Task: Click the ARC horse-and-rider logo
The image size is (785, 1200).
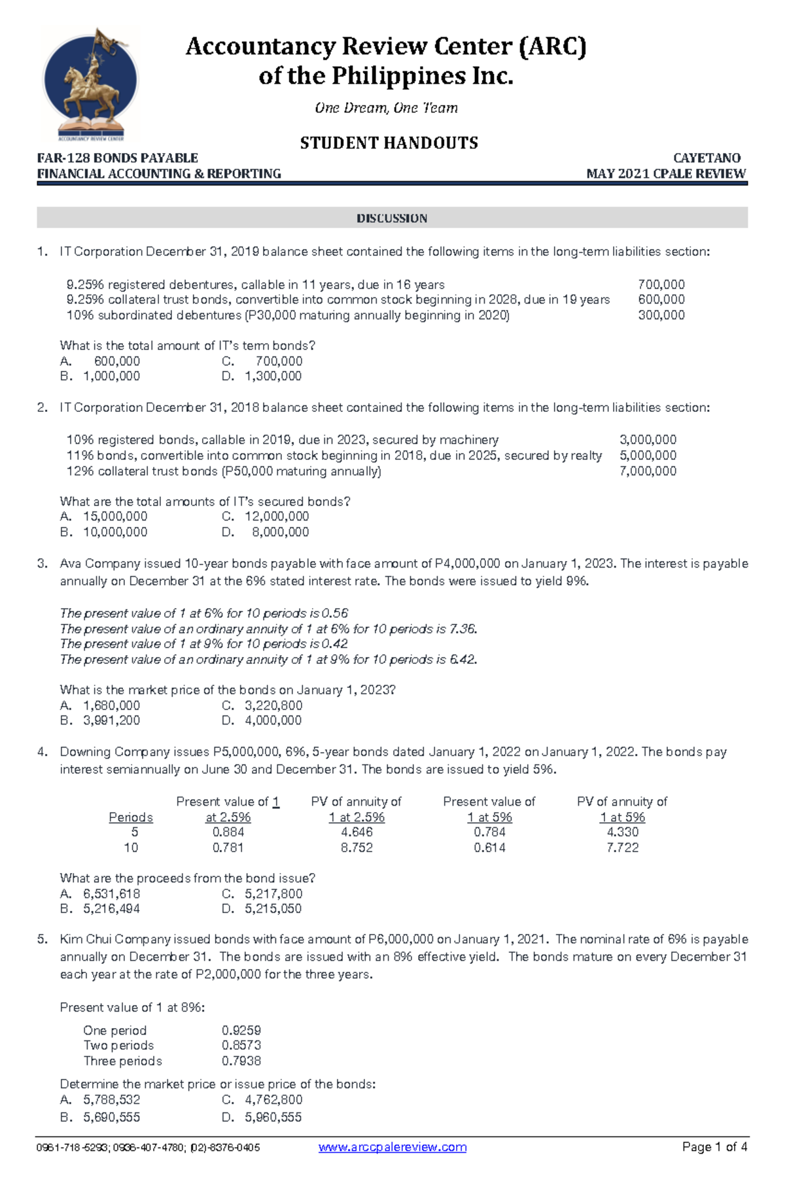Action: [90, 84]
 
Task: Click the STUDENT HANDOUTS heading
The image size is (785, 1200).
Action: [389, 143]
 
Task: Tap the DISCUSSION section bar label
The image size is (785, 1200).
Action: [391, 218]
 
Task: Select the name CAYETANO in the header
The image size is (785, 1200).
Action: [706, 158]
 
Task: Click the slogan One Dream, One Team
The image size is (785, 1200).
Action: [386, 108]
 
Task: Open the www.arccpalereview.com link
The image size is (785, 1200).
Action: [392, 1147]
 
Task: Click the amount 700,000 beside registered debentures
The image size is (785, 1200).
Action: [661, 284]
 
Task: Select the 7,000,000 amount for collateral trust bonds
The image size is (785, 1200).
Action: [648, 471]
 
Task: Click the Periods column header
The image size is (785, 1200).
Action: [131, 817]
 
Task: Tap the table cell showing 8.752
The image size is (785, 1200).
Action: [357, 848]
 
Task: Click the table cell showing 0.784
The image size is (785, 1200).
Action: [489, 832]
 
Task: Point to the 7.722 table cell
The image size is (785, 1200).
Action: [622, 848]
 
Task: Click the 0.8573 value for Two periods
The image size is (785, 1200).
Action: [241, 1045]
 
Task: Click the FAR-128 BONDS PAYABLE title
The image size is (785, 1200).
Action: [118, 158]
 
